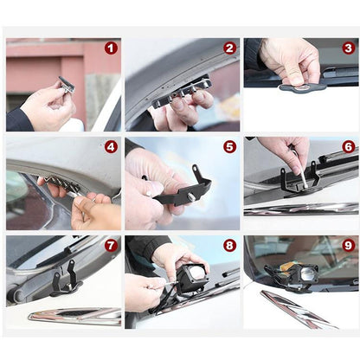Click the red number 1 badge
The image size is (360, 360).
[111, 48]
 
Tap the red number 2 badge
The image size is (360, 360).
[229, 48]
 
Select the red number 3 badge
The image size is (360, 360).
[349, 48]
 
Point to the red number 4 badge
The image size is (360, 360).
[111, 147]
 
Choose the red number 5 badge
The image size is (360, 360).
[229, 147]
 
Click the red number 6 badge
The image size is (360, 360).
[349, 147]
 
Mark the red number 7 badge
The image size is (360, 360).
[111, 246]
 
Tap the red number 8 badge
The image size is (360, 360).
[229, 246]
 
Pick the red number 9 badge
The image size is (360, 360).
[349, 246]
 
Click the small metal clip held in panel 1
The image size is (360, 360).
[67, 85]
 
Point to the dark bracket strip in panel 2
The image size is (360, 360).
[179, 93]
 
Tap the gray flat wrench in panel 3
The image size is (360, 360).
[302, 87]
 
